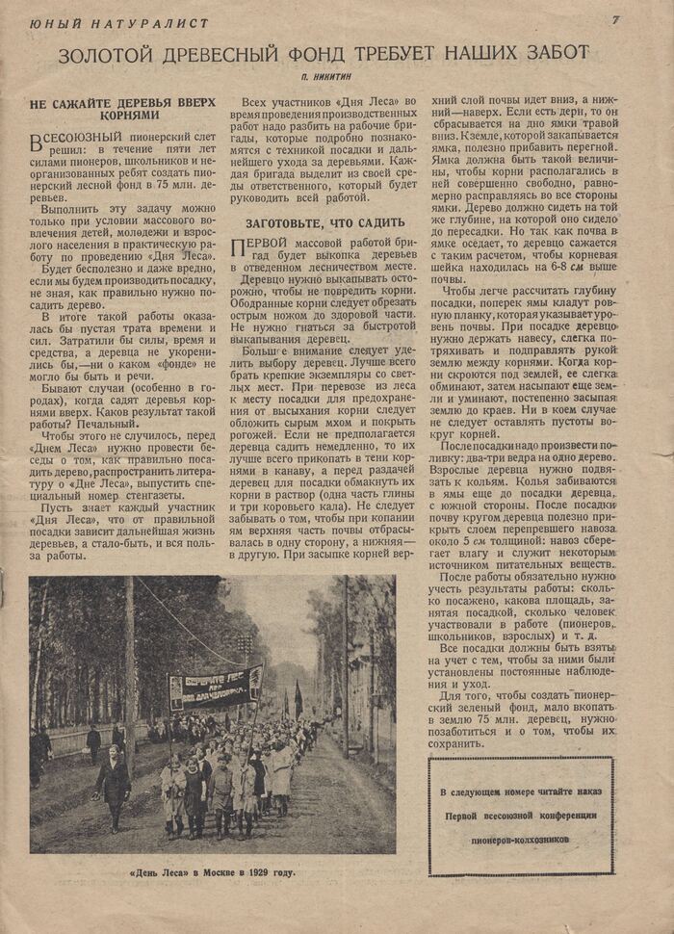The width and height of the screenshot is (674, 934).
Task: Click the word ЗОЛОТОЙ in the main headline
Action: pyautogui.click(x=108, y=54)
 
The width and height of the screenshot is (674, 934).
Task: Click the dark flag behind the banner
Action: pyautogui.click(x=298, y=698)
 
